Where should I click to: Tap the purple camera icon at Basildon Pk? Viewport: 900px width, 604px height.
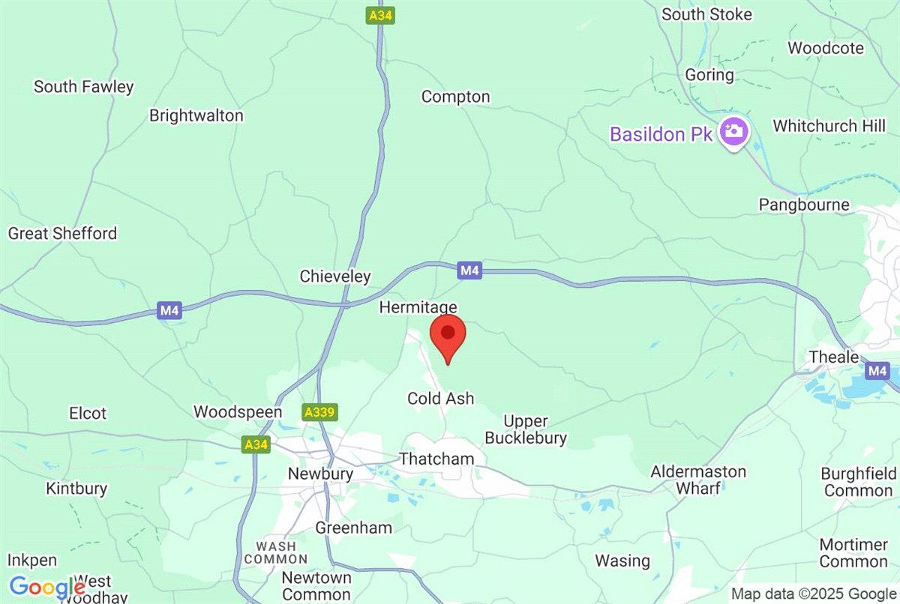(733, 132)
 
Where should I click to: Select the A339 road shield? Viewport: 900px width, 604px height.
(320, 411)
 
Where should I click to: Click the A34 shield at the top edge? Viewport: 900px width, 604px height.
(380, 14)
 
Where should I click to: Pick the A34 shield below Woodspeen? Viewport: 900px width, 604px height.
(256, 444)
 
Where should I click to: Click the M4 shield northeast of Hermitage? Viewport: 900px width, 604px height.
(469, 271)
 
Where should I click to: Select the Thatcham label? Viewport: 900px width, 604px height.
(437, 459)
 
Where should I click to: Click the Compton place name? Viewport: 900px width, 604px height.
(455, 97)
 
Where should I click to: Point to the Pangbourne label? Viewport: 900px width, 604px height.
(803, 205)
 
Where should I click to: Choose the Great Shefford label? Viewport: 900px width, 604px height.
(62, 233)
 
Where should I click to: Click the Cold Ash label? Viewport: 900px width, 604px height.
(441, 399)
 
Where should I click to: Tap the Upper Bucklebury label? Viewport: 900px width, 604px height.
(526, 430)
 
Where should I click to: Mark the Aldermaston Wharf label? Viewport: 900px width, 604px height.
(698, 480)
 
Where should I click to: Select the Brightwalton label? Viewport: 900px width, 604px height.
(196, 115)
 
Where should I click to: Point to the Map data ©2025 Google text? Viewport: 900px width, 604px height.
(814, 594)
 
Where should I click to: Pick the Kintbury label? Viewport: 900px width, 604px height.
(76, 489)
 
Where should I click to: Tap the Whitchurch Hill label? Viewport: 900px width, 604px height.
(829, 126)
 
